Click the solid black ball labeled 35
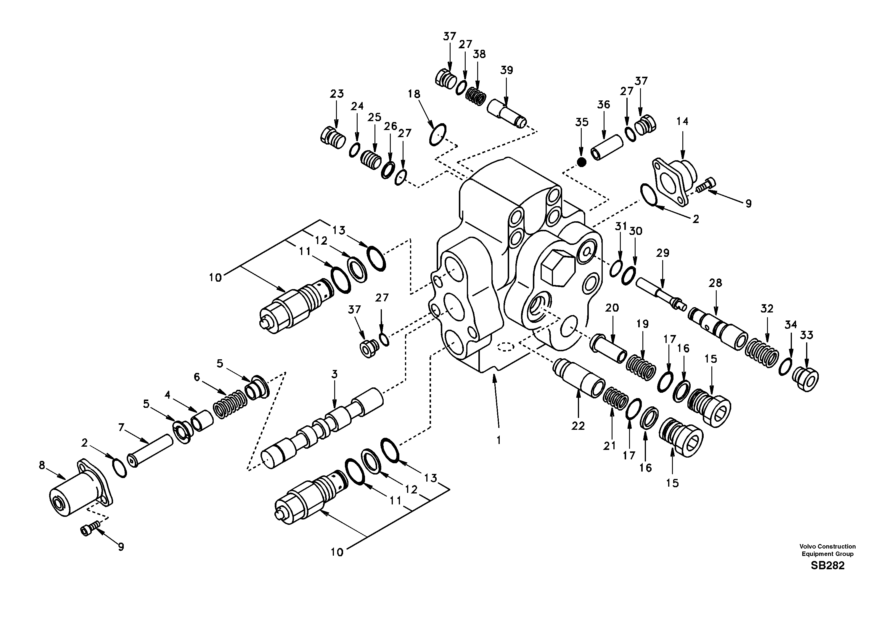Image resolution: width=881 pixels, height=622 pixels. click(582, 162)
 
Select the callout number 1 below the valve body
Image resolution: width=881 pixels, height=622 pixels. click(499, 440)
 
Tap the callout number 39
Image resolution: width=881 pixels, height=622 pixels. click(507, 70)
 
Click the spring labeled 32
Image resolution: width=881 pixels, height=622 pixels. click(762, 352)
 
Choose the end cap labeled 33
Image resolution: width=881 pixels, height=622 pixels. click(806, 379)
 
